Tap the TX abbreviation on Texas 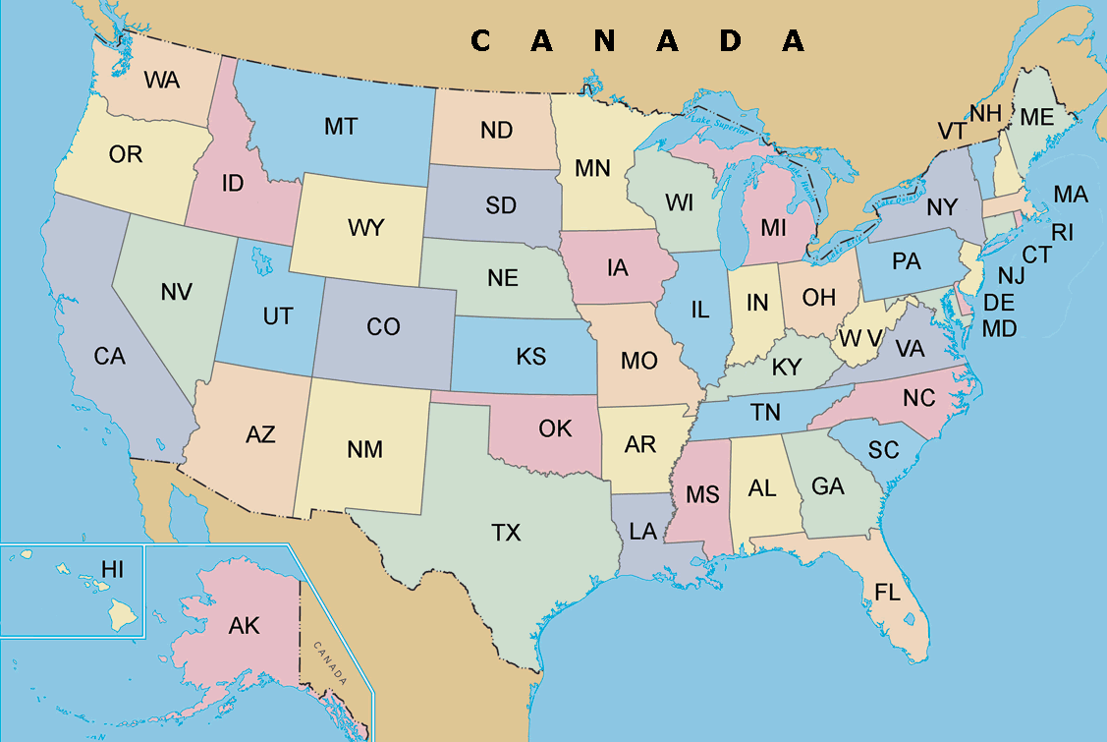[x=506, y=533]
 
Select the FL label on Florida [x=887, y=591]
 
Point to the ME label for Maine [x=1036, y=117]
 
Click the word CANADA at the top [x=638, y=40]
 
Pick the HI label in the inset [x=113, y=569]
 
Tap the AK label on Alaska [x=244, y=625]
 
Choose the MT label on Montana [x=341, y=127]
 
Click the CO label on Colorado [x=383, y=326]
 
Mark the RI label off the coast [x=1062, y=233]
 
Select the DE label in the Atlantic [x=999, y=303]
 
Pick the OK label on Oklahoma [x=555, y=428]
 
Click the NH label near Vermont [x=985, y=113]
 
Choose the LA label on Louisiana [x=642, y=532]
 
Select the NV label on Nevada [x=176, y=292]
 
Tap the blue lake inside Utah [x=260, y=262]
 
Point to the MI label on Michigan [x=773, y=228]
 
